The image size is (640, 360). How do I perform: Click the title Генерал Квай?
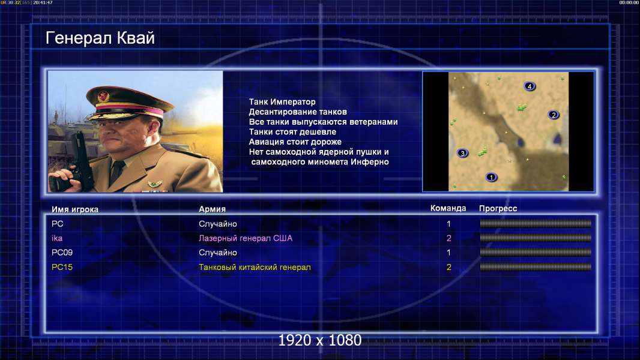100,38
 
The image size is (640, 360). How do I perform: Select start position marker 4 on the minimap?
530,86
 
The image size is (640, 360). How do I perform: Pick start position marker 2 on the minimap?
554,115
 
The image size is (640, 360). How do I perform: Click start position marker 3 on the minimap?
462,153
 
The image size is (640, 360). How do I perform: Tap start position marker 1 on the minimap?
492,177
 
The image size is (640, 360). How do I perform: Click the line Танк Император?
282,102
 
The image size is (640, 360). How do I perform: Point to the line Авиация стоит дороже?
295,142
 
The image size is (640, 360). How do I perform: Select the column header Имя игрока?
74,209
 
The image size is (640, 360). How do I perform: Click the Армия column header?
213,209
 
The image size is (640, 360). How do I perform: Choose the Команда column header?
448,208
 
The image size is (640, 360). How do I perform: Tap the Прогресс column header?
498,208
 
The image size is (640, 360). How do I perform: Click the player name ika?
56,238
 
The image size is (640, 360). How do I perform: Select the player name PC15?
62,267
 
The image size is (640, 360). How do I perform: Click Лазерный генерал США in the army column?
246,238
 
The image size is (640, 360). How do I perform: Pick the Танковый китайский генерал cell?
255,267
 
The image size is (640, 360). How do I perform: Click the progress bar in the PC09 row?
536,253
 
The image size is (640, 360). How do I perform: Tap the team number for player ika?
448,238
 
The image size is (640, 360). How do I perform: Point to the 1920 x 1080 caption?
320,340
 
